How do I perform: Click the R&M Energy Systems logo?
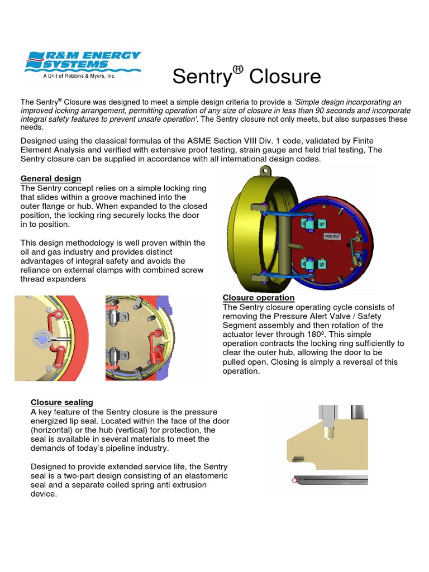click(81, 64)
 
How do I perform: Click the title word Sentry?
click(201, 77)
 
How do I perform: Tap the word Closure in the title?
click(285, 77)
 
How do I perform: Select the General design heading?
click(51, 179)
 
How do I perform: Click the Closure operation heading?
click(259, 298)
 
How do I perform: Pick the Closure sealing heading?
click(62, 402)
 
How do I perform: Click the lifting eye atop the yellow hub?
click(266, 170)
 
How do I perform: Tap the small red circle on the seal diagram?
click(294, 480)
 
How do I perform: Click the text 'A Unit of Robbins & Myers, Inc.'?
click(79, 77)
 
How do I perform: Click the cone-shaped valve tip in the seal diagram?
click(325, 433)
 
